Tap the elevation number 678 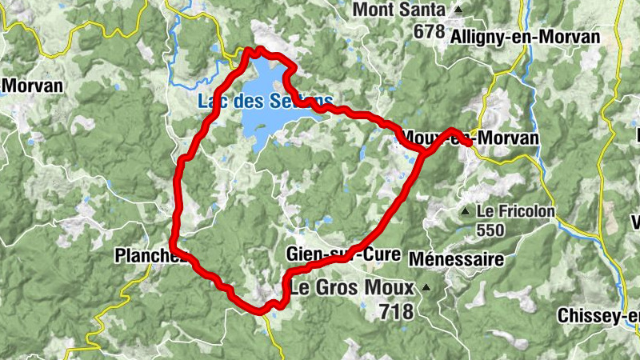coord(430,31)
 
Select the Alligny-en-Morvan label coord(525,37)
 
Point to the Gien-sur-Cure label coord(342,255)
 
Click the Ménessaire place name coord(456,259)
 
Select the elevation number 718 coord(397,311)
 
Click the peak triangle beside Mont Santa coord(458,10)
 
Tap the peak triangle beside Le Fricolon coord(465,212)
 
